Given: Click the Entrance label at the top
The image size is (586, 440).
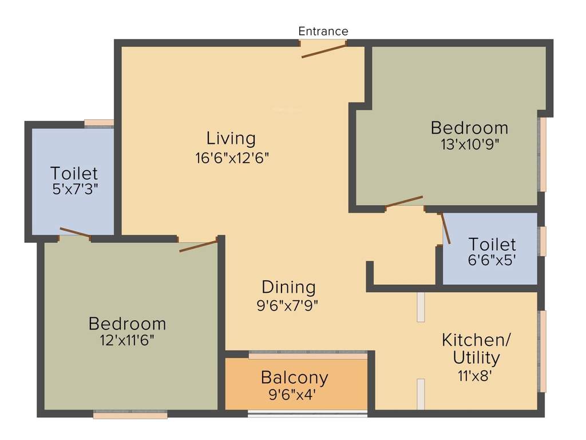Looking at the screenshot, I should tap(323, 31).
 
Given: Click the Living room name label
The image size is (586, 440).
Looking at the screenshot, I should tap(231, 139).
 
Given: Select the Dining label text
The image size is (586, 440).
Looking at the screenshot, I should tap(288, 286).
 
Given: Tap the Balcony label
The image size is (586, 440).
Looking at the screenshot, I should tap(295, 378).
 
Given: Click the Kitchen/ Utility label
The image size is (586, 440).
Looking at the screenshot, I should tap(476, 348).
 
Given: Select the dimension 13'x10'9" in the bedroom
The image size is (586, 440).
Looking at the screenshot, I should tap(469, 144).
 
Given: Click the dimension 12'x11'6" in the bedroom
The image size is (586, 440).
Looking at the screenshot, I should tap(126, 340).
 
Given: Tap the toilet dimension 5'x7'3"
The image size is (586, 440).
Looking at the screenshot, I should tap(74, 189).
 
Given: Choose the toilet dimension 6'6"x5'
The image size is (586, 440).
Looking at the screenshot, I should tap(492, 260).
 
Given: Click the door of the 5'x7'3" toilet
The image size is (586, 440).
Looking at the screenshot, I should tap(75, 233).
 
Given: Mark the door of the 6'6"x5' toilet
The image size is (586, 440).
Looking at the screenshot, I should tap(445, 229).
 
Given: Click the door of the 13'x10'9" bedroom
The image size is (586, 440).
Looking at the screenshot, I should tap(404, 201).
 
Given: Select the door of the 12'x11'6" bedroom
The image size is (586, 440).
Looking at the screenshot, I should tap(198, 246).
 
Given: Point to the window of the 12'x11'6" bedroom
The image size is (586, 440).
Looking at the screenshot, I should tap(130, 414).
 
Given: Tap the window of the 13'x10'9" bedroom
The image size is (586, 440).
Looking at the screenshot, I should tap(542, 155).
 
